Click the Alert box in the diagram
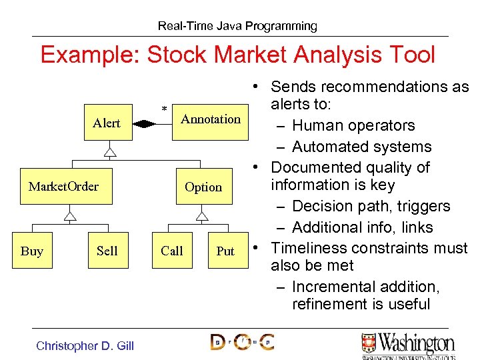pyautogui.click(x=107, y=123)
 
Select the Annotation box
pyautogui.click(x=210, y=120)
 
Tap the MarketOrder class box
pyautogui.click(x=63, y=187)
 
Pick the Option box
pyautogui.click(x=203, y=187)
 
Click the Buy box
pyautogui.click(x=32, y=251)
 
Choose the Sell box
pyautogui.click(x=107, y=251)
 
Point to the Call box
pyautogui.click(x=171, y=251)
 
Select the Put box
pyautogui.click(x=225, y=251)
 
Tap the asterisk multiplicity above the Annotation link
pyautogui.click(x=164, y=109)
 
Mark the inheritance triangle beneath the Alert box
pyautogui.click(x=110, y=152)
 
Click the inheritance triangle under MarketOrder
pyautogui.click(x=69, y=215)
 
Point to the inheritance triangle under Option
pyautogui.click(x=202, y=215)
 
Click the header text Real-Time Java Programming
pyautogui.click(x=237, y=26)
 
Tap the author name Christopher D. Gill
pyautogui.click(x=85, y=345)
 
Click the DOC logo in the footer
pyautogui.click(x=242, y=343)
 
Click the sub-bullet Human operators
pyautogui.click(x=353, y=125)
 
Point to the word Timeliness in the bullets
pyautogui.click(x=306, y=248)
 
